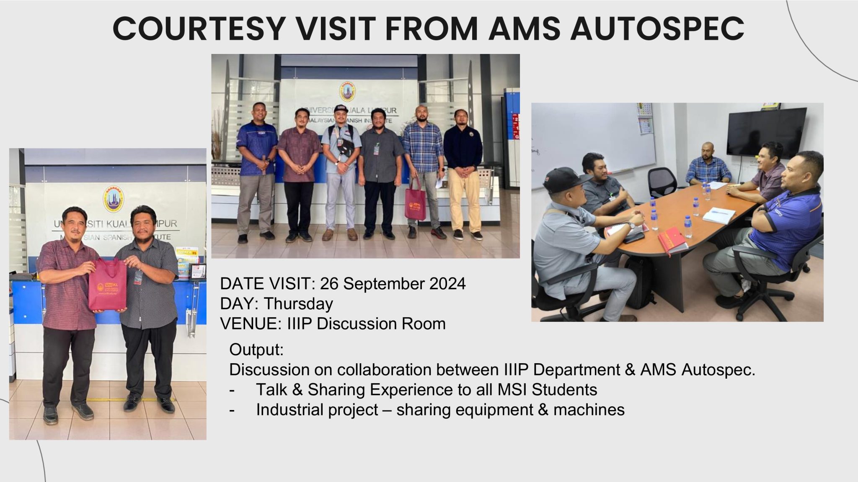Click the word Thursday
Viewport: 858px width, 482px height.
coord(298,304)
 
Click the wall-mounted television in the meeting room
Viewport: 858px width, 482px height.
coord(766,131)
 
